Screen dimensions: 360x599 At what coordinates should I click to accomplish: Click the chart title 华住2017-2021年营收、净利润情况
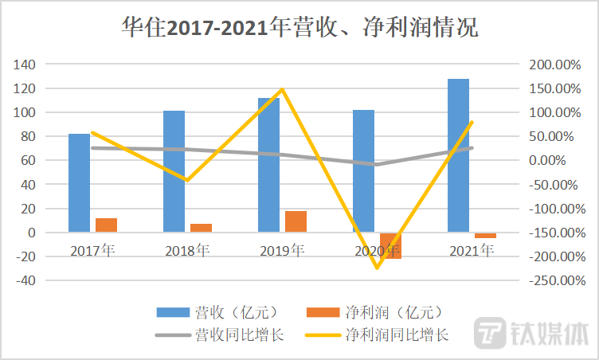(299, 29)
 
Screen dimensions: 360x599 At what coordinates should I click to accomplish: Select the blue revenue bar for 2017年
(79, 183)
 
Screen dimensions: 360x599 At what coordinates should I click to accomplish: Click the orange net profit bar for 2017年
(106, 225)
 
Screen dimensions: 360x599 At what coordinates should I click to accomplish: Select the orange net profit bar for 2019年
(296, 221)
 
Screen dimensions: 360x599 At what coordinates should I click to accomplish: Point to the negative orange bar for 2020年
(390, 246)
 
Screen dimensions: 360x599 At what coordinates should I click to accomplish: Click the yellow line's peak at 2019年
(282, 89)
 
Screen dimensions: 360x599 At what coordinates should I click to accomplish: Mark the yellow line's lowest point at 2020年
(377, 268)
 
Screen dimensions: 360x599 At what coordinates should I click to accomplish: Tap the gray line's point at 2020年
(377, 165)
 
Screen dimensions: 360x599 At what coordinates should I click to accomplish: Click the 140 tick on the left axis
(28, 64)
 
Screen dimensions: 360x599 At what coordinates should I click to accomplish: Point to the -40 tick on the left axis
(28, 280)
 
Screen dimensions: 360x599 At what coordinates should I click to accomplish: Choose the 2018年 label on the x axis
(187, 252)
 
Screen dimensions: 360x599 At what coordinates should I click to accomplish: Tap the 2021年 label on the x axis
(472, 252)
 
